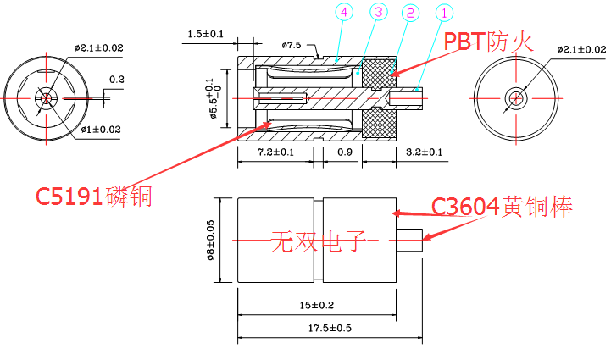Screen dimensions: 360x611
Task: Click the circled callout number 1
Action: pos(443,14)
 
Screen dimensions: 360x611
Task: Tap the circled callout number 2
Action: pos(409,14)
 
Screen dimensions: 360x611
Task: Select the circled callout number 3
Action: pos(377,13)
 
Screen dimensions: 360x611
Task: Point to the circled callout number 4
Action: pos(342,12)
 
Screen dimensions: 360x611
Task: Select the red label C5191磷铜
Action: pos(93,197)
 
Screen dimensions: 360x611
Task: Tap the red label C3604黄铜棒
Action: pos(502,207)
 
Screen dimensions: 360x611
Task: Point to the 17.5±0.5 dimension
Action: pos(330,329)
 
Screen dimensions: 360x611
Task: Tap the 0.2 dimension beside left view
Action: pos(116,80)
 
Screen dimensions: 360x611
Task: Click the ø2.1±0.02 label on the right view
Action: pos(583,50)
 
